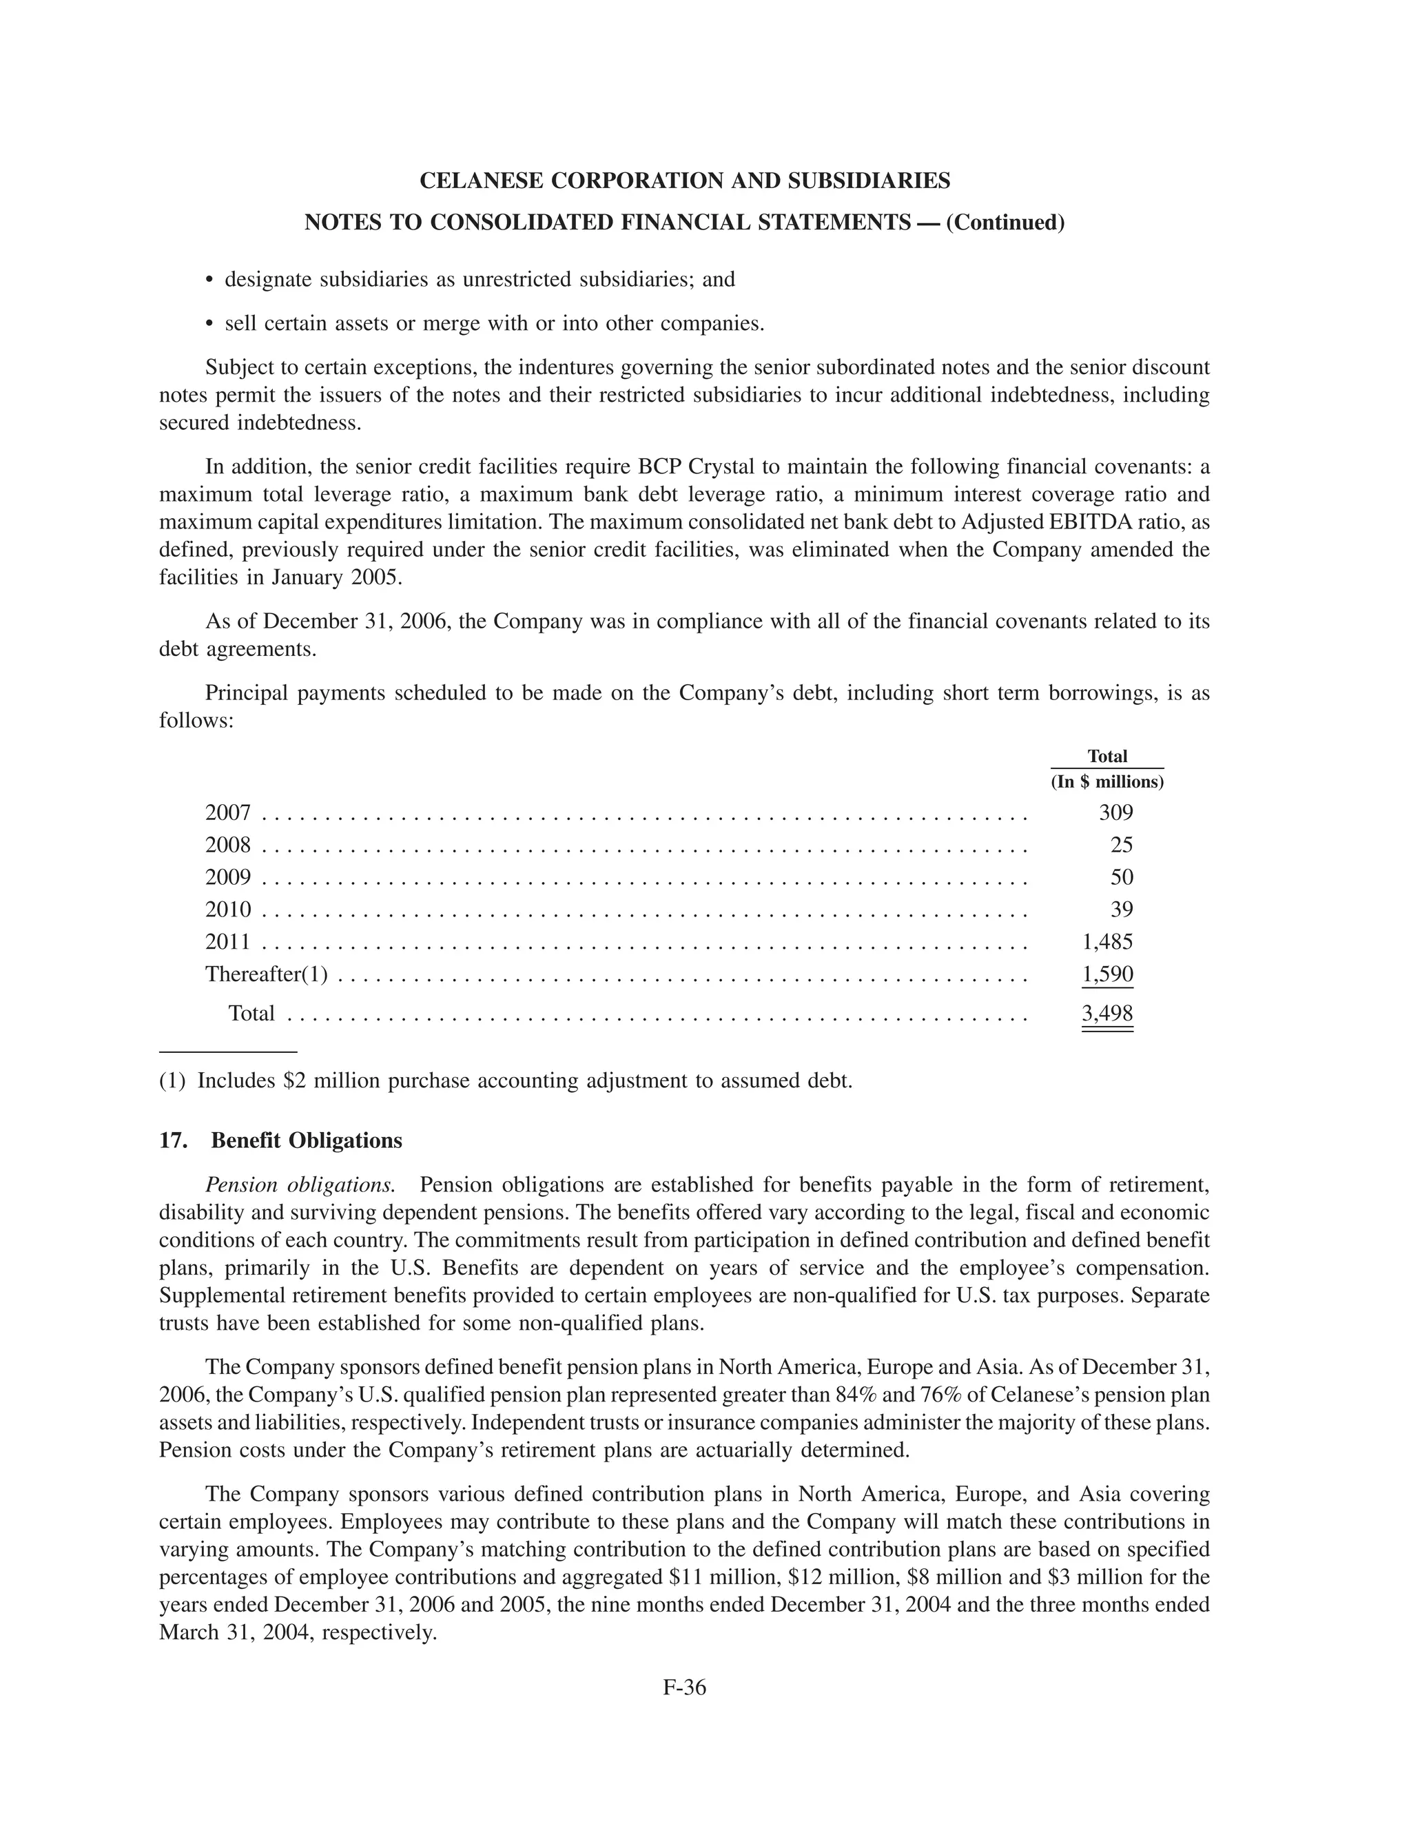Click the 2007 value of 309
click(x=1115, y=812)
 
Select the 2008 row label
click(x=227, y=845)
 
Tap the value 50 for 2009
click(x=1121, y=877)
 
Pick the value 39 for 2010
click(x=1121, y=910)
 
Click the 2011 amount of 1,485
click(x=1108, y=942)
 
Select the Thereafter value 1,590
click(x=1108, y=974)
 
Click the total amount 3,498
click(x=1108, y=1014)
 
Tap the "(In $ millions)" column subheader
click(x=1106, y=783)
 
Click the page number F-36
click(x=685, y=1688)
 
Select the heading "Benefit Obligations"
click(x=306, y=1140)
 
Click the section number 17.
click(x=172, y=1140)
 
